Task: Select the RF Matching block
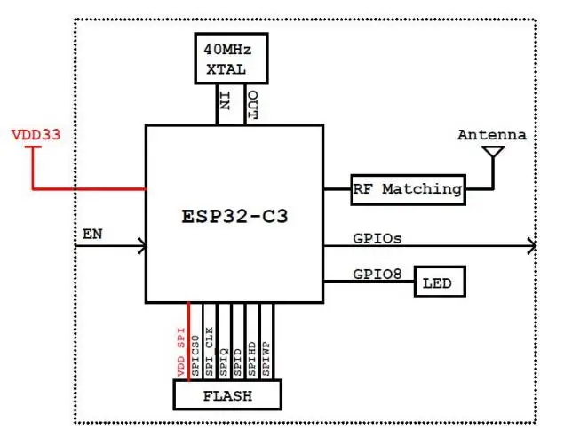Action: (408, 188)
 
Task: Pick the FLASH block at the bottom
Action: (227, 395)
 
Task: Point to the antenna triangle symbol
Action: (491, 154)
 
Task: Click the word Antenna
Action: (491, 135)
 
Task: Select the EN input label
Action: (91, 235)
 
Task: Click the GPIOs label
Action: (378, 238)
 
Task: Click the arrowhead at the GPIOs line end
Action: (530, 246)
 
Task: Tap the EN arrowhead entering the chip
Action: (141, 246)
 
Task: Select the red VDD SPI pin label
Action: (181, 352)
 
